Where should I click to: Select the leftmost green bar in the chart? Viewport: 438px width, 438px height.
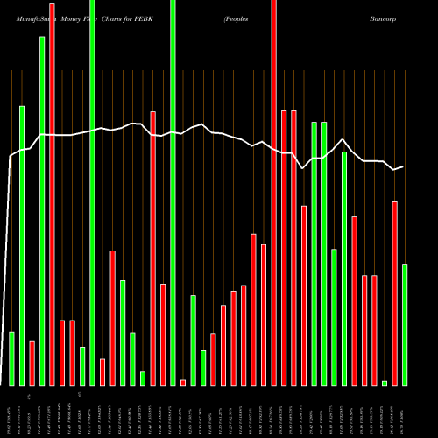tap(11, 358)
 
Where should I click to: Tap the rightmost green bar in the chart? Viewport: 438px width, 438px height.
tap(405, 324)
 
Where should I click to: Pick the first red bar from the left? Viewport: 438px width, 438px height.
tap(32, 363)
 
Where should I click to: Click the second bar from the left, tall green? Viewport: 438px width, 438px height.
tap(21, 245)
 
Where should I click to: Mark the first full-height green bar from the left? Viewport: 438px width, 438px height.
tap(92, 193)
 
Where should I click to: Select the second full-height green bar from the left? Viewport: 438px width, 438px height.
tap(173, 193)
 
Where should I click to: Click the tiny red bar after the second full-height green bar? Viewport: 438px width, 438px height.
tap(183, 382)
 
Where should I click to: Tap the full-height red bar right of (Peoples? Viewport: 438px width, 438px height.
tap(273, 193)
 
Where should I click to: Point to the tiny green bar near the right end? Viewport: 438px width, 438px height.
tap(385, 383)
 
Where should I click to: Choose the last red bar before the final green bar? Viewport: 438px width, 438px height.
tap(394, 293)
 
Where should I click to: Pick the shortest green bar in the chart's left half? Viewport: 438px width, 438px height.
tap(143, 378)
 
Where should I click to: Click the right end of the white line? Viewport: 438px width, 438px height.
tap(403, 166)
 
